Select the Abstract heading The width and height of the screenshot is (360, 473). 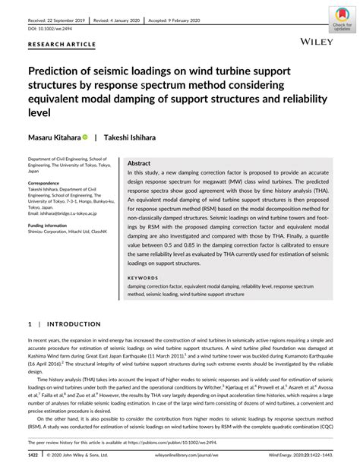tap(140, 163)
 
